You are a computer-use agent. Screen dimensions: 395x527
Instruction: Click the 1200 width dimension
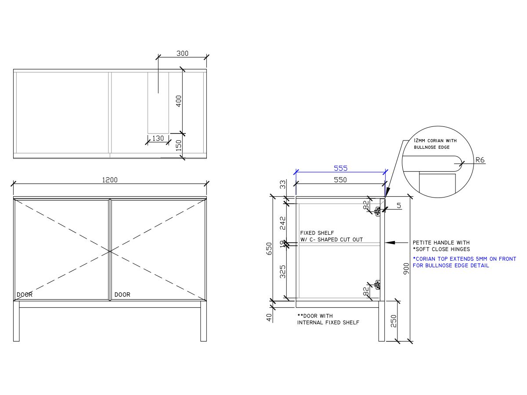pos(110,180)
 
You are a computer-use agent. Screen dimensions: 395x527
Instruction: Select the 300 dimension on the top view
pos(182,54)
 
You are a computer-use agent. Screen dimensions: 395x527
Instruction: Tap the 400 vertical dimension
pos(179,101)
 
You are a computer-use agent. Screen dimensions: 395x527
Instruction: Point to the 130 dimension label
pos(158,138)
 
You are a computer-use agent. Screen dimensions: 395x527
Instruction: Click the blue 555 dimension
pos(340,168)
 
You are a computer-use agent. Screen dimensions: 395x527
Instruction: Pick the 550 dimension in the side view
pos(340,180)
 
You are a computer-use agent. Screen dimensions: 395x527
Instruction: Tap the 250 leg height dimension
pos(393,321)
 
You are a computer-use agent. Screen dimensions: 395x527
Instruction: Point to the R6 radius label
pos(480,161)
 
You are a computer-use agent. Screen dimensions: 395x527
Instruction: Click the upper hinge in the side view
pos(377,211)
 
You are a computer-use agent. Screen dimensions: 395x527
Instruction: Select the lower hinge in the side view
pos(377,285)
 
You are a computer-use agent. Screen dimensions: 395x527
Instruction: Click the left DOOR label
pos(24,294)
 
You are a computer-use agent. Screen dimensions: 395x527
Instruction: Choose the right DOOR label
pos(122,294)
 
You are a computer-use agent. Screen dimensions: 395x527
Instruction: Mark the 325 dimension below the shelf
pos(282,272)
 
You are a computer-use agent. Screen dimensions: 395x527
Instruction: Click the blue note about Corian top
pos(464,262)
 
